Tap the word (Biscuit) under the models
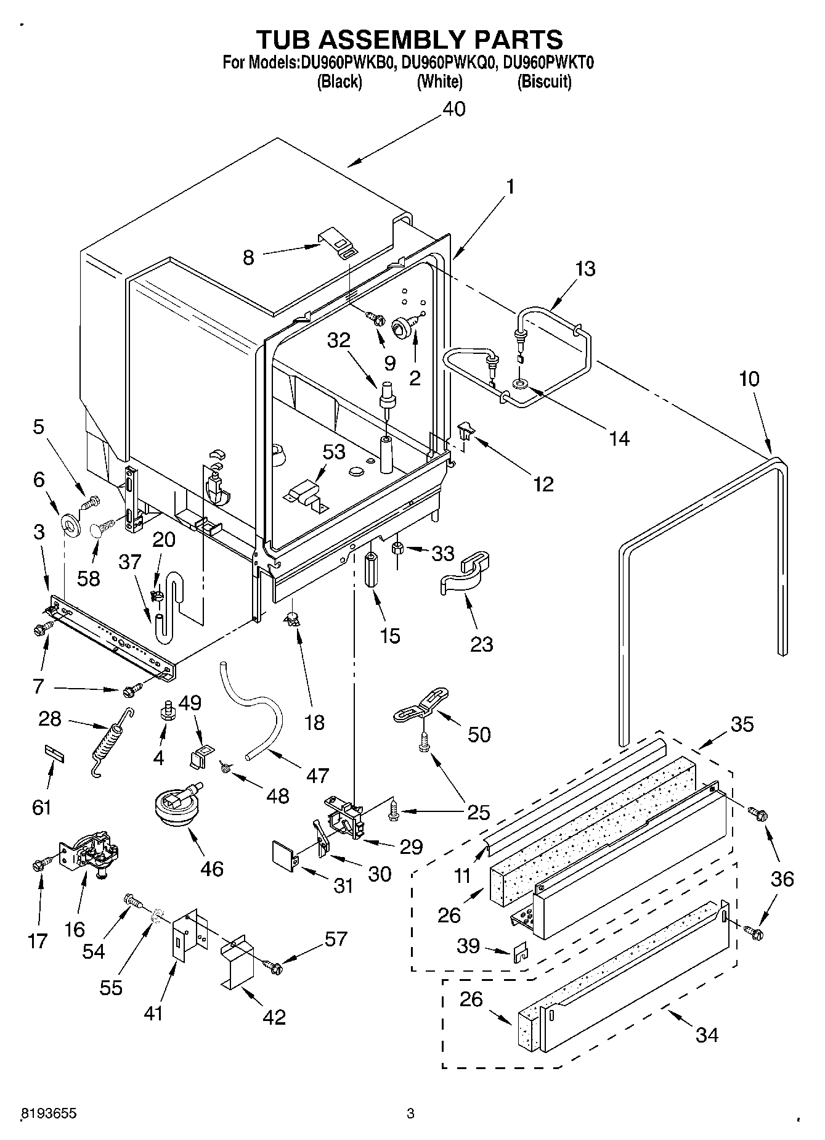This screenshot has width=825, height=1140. pos(544,81)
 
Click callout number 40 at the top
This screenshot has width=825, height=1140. pos(454,109)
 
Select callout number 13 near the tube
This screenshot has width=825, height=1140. pos(585,269)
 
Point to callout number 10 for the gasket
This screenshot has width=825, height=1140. pos(749,379)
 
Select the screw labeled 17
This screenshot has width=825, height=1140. pos(38,865)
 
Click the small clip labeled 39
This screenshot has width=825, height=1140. pos(521,952)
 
